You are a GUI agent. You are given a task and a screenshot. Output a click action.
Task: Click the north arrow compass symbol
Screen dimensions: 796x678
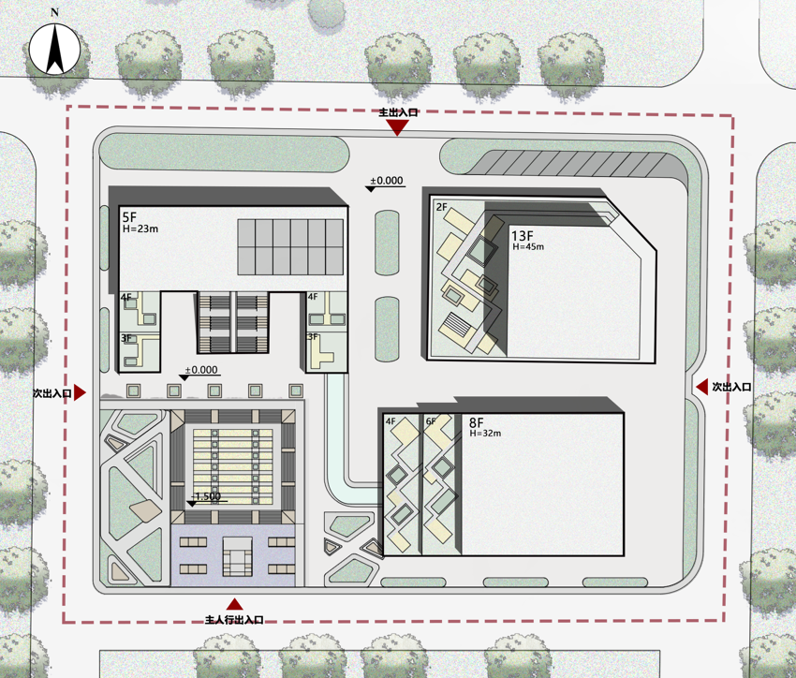[54, 51]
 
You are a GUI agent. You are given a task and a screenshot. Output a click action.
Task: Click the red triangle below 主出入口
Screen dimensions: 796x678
[397, 127]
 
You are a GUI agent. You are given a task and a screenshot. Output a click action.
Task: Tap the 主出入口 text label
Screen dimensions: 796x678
[399, 112]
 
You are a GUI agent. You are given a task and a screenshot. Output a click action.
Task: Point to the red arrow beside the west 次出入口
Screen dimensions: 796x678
[80, 392]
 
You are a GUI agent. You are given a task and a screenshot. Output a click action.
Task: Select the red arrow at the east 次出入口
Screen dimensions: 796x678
[701, 387]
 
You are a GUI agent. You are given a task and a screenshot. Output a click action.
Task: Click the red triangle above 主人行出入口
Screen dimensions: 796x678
[234, 604]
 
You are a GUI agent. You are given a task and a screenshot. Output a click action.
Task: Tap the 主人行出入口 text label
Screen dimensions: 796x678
[234, 620]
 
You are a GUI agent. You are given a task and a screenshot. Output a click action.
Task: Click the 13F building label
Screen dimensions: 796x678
[522, 236]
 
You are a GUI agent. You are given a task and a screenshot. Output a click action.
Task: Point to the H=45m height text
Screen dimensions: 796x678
[528, 247]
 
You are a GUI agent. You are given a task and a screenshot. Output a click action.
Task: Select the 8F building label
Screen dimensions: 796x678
[476, 422]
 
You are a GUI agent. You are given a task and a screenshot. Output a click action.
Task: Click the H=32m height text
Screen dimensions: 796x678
[485, 434]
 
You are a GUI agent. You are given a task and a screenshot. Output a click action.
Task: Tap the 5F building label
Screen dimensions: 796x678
[129, 217]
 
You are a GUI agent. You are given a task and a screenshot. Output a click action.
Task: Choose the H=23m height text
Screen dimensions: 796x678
[140, 228]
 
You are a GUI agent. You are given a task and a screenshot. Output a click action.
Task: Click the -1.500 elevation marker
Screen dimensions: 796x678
[207, 498]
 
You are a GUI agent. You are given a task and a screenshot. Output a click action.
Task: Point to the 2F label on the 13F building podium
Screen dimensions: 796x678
[442, 207]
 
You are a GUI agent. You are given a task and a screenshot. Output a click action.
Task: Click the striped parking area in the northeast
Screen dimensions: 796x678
[571, 163]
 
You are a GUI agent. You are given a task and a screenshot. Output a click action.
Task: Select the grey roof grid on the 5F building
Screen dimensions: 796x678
[290, 247]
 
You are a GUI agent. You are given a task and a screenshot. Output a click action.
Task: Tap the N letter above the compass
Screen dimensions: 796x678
[54, 13]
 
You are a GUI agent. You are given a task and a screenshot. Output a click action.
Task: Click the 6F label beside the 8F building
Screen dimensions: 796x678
[431, 421]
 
